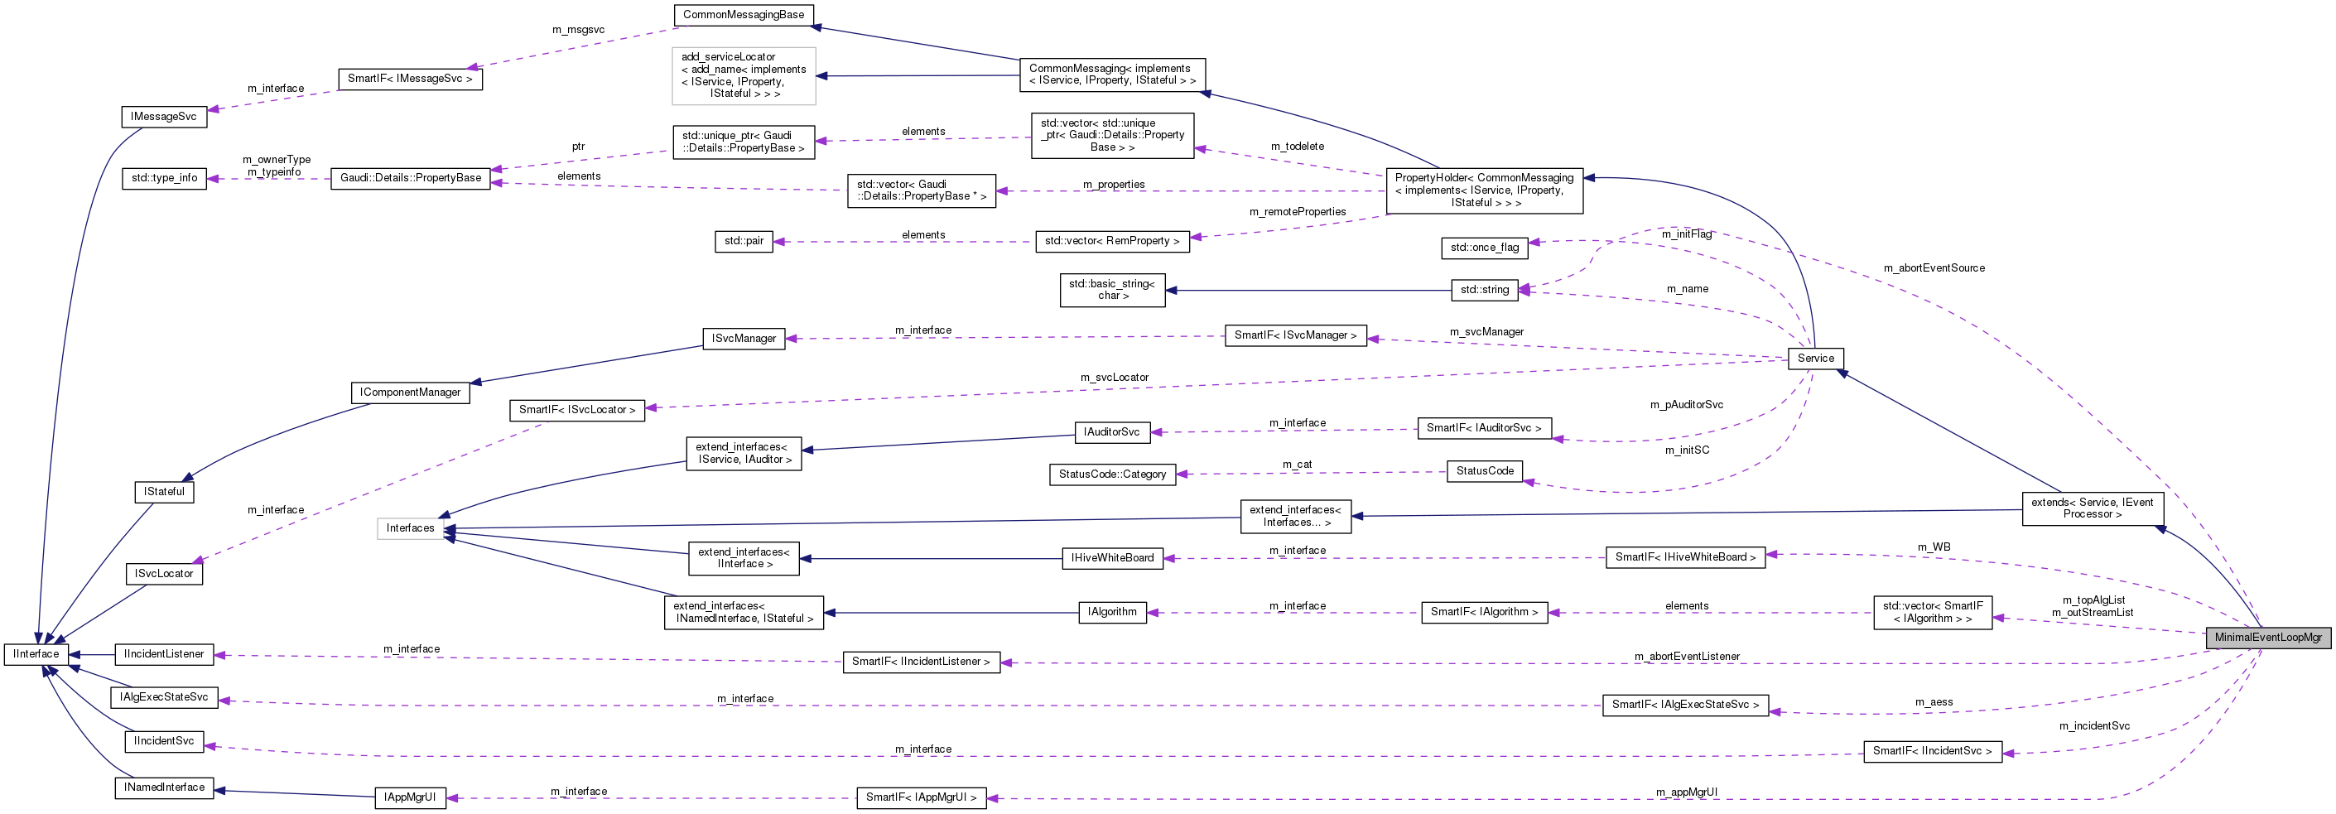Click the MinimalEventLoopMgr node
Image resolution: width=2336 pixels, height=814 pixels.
[2267, 638]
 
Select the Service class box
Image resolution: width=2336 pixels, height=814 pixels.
[1814, 358]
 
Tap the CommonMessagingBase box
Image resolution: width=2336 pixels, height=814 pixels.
[743, 15]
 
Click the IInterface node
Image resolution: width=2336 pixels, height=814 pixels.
[36, 653]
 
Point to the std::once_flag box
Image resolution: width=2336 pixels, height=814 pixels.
[1484, 248]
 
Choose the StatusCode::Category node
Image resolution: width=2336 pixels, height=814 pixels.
[1112, 474]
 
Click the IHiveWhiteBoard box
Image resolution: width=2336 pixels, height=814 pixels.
[1112, 558]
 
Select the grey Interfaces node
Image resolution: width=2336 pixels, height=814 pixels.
[410, 527]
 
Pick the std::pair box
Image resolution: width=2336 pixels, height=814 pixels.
[744, 241]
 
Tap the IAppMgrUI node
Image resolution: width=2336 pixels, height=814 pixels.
[410, 797]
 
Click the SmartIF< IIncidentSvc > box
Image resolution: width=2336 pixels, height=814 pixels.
[1932, 750]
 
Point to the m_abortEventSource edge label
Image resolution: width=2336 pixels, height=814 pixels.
[1934, 268]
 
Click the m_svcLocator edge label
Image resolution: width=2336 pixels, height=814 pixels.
[1114, 377]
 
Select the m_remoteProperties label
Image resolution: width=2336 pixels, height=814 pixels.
[1297, 212]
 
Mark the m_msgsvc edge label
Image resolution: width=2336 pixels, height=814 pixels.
[578, 30]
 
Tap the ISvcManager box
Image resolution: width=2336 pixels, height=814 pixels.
[744, 338]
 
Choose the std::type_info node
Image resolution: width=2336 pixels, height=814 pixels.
[164, 178]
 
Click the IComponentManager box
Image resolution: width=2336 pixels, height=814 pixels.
[410, 393]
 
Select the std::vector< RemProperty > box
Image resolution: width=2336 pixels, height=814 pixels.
[1111, 241]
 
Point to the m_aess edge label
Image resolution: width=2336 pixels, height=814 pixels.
[1934, 701]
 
